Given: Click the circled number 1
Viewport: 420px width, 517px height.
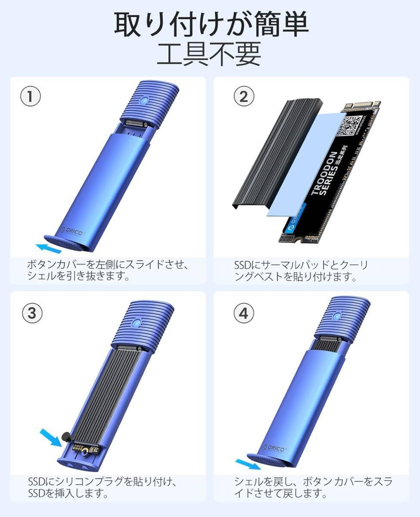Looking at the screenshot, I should coord(31,97).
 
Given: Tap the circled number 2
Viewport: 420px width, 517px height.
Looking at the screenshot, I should coord(244,97).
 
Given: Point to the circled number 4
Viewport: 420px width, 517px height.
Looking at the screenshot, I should coord(244,313).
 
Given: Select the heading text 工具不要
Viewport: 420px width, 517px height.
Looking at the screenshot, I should coord(209,54).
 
